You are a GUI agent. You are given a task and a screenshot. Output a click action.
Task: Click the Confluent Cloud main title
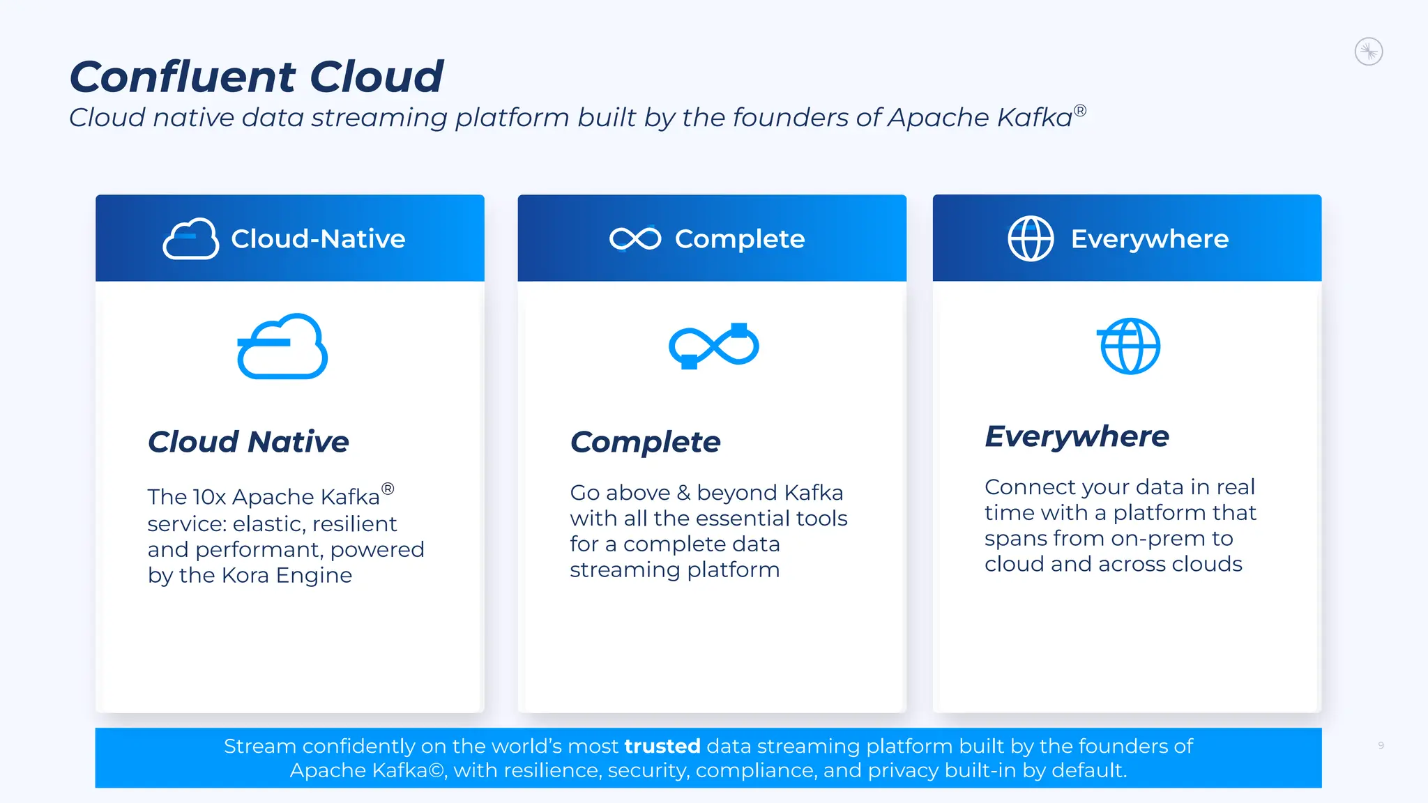pos(256,77)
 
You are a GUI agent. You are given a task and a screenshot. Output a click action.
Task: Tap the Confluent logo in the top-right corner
pos(1368,52)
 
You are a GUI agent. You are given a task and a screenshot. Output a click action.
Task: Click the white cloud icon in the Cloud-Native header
pos(190,239)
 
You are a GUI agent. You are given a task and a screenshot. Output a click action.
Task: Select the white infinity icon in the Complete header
pos(635,239)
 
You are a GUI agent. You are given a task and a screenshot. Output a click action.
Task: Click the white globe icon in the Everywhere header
pos(1031,239)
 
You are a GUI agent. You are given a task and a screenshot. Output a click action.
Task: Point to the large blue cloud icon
pos(282,346)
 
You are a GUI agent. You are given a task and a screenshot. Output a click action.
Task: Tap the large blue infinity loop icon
pos(713,346)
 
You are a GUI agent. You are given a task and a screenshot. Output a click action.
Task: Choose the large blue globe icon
pos(1129,346)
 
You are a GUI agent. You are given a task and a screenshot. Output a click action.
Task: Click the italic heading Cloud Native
pos(248,442)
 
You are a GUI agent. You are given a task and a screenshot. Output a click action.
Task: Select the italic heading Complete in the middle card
pos(645,442)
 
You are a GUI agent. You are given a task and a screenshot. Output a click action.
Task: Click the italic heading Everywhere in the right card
pos(1077,436)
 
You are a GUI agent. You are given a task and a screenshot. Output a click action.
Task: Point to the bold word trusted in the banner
pos(662,747)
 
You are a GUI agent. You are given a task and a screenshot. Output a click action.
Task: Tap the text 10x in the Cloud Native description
pos(209,497)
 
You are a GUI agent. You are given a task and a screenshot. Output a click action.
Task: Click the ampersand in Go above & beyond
pos(683,493)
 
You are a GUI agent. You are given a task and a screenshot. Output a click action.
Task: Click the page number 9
pos(1381,746)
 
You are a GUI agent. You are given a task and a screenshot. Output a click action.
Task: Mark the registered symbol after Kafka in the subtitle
pos(1079,110)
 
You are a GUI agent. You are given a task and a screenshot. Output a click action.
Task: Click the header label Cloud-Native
pos(318,239)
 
